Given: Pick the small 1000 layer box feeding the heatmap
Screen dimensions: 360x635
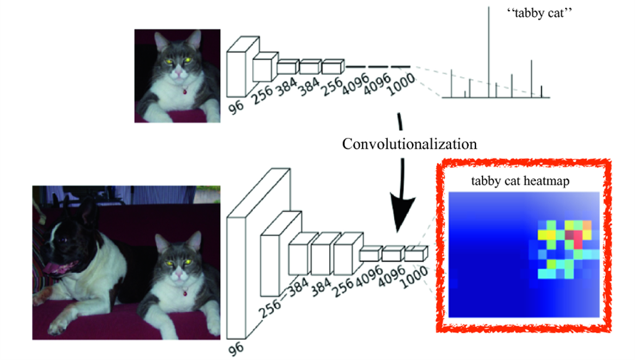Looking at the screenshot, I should click(415, 252).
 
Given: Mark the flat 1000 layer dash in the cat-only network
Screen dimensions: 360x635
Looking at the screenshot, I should click(401, 68).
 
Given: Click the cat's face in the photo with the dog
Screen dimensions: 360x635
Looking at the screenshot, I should click(176, 257).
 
